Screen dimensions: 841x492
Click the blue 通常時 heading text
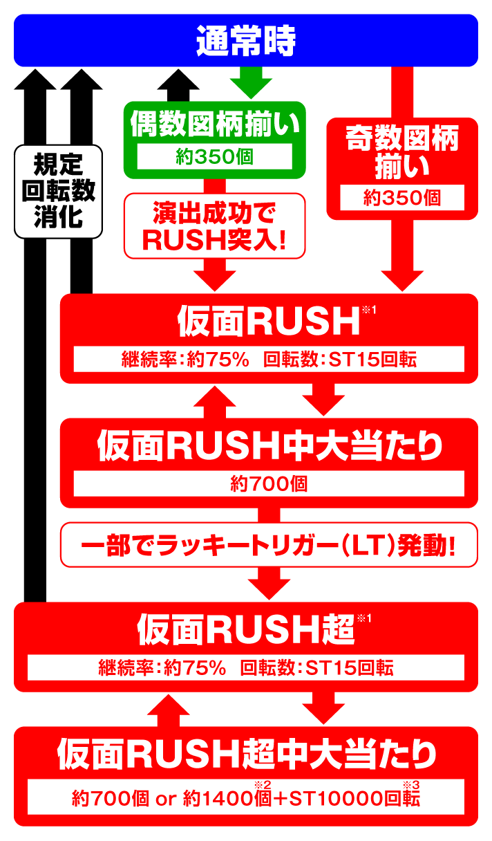pos(245,41)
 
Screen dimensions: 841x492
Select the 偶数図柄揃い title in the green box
pos(215,124)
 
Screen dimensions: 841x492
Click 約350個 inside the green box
pos(214,156)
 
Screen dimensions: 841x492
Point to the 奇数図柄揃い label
pos(401,154)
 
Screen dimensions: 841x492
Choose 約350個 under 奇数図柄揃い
pos(401,197)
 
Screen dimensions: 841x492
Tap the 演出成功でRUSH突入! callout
pos(215,225)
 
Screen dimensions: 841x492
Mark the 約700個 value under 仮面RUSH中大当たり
pos(269,483)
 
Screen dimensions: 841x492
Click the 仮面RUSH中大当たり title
pos(269,446)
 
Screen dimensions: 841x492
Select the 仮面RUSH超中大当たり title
pos(247,754)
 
